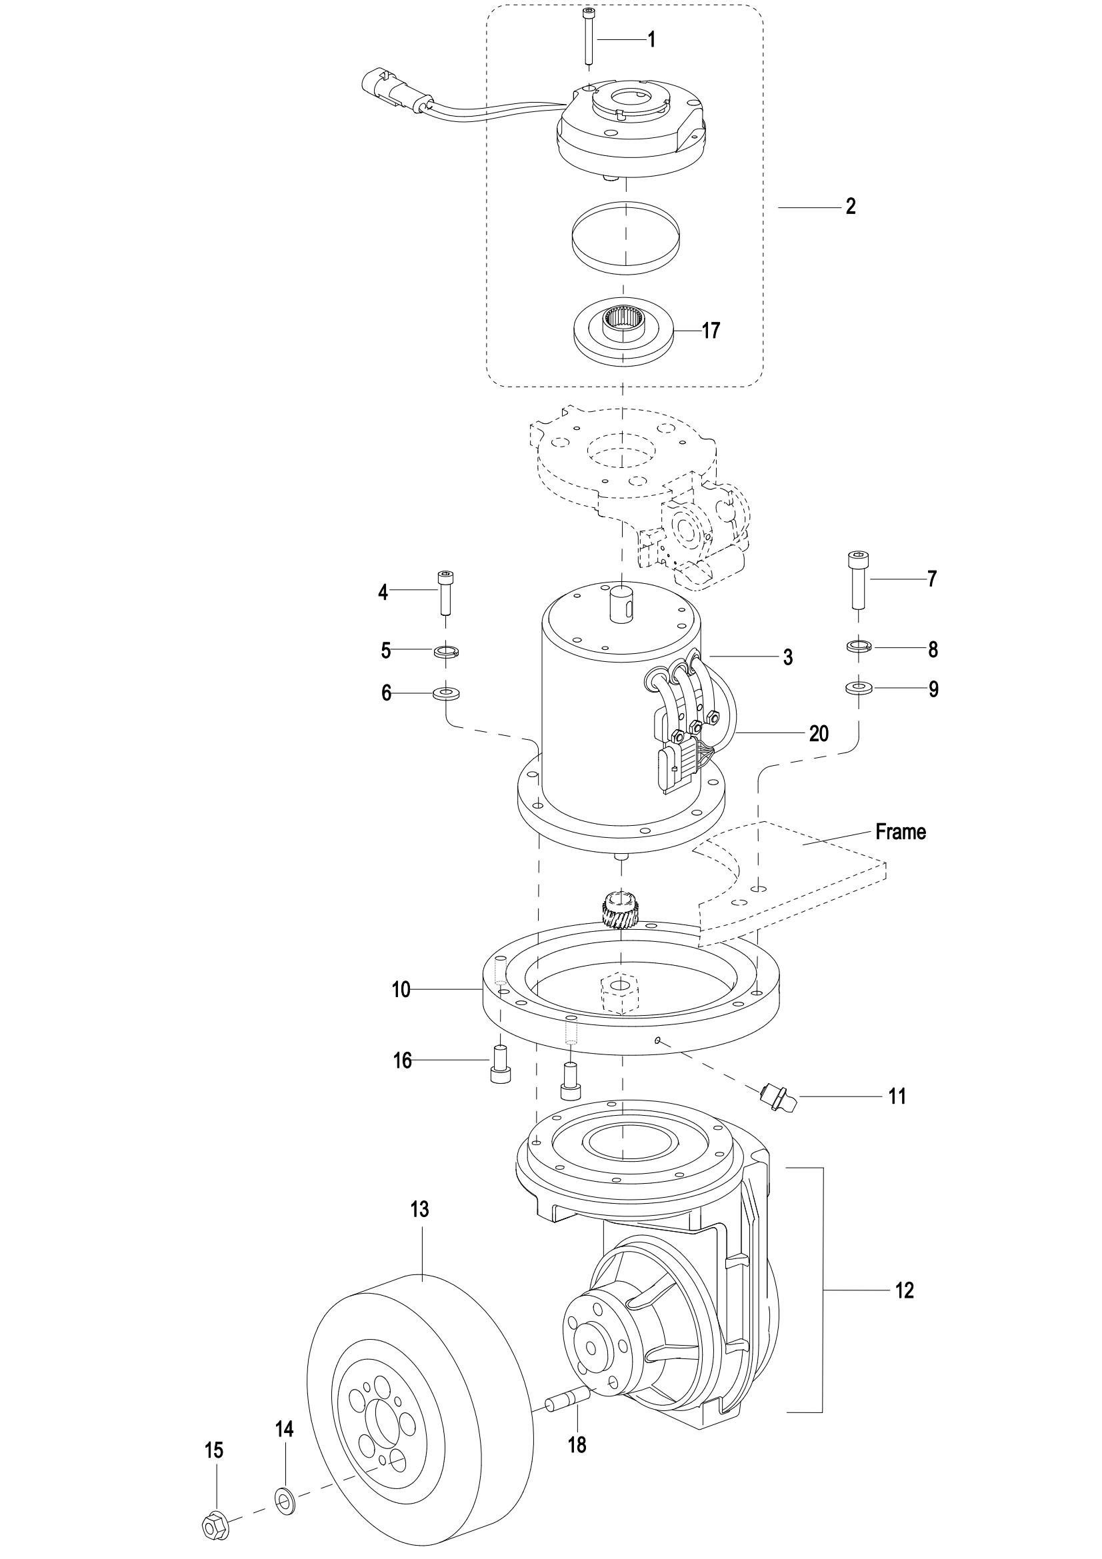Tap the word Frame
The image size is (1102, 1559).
tap(901, 832)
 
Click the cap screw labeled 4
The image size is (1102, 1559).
tap(445, 592)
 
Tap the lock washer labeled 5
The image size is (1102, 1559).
tap(446, 652)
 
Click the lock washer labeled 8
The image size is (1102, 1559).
tap(859, 646)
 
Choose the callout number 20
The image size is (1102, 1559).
tap(819, 734)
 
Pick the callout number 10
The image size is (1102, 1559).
tap(401, 990)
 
